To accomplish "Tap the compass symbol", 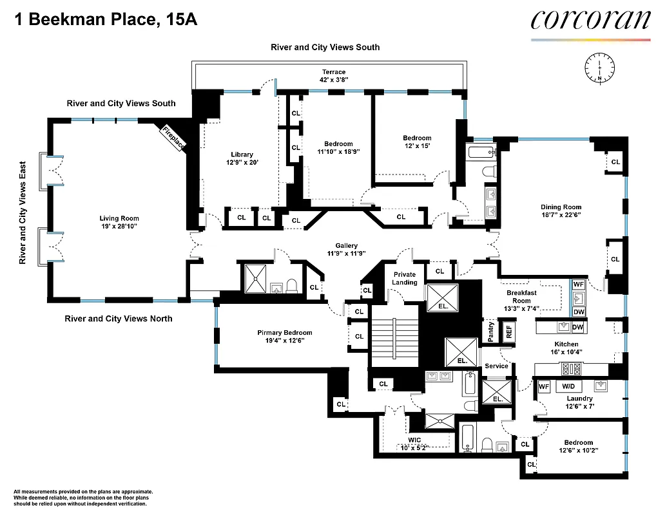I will coord(600,66).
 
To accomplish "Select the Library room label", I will coord(242,154).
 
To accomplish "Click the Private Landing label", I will coord(405,278).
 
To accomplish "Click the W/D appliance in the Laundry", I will coord(568,386).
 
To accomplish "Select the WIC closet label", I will coord(414,440).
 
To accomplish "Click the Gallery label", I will coord(346,246).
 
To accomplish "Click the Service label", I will coord(496,366).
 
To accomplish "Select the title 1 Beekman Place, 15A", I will coord(105,19).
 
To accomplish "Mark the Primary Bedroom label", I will coord(284,333).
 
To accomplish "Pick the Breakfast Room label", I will coord(521,297).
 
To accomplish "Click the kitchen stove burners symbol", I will coord(572,370).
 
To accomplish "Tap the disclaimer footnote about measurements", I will coord(83,497).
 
